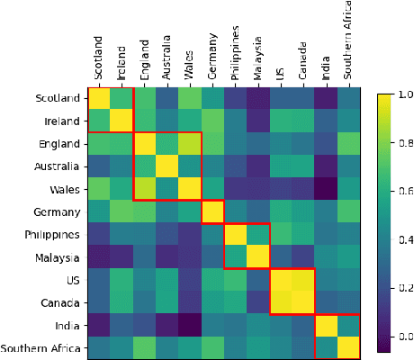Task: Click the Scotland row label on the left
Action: [57, 98]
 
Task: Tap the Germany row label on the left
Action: [56, 211]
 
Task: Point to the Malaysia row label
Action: [57, 256]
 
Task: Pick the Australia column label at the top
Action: [166, 58]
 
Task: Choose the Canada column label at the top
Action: [301, 58]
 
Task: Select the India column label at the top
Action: [324, 67]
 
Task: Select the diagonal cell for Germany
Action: [211, 211]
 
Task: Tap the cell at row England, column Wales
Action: [189, 143]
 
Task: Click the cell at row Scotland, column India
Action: [324, 98]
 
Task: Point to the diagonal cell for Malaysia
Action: [256, 256]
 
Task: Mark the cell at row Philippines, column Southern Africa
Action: [347, 234]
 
